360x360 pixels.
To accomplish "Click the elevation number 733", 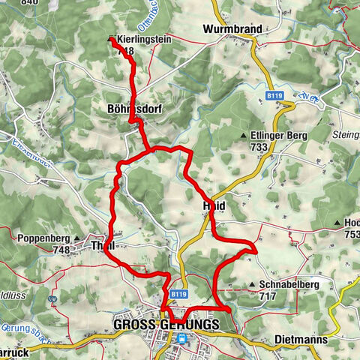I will tap(259, 148).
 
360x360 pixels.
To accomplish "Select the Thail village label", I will tap(101, 245).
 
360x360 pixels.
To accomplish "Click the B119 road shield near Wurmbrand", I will tap(274, 96).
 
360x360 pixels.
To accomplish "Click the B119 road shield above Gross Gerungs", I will tap(178, 295).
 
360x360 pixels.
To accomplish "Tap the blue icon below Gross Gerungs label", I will tap(181, 339).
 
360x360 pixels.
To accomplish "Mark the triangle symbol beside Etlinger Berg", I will tap(244, 135).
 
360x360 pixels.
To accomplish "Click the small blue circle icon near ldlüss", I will tap(52, 298).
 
